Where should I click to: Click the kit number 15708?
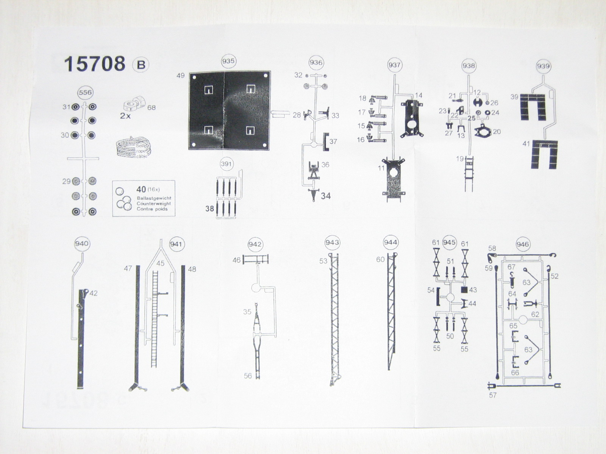(94, 64)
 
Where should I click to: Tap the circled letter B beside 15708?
(141, 65)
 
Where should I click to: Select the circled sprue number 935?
(228, 61)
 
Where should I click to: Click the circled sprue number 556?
(85, 92)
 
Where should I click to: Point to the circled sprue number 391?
(226, 164)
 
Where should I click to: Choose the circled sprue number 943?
(332, 243)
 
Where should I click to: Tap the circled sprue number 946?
(522, 244)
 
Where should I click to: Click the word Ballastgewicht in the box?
(154, 198)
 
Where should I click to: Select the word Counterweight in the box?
(154, 204)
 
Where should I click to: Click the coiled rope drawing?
(134, 148)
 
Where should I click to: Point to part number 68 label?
(151, 107)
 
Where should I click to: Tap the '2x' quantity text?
(125, 116)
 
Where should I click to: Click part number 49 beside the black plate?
(180, 76)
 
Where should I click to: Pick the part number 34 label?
(326, 196)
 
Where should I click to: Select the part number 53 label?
(323, 261)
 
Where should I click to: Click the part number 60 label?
(380, 260)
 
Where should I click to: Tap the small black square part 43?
(464, 290)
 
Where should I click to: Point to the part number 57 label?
(492, 395)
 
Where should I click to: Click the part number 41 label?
(526, 144)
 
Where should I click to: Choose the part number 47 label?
(128, 268)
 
